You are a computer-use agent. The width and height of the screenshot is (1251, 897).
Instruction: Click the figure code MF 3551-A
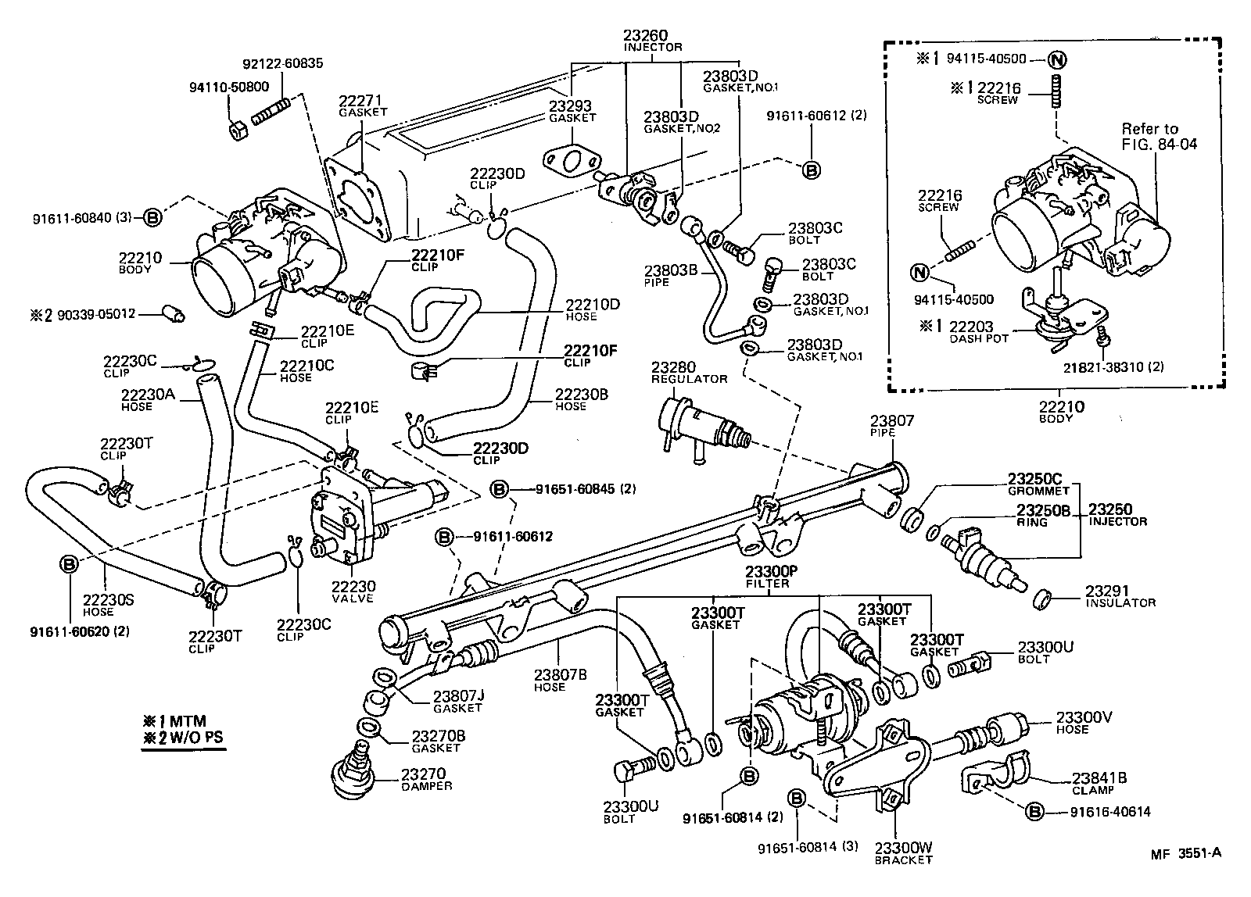[x=1185, y=853]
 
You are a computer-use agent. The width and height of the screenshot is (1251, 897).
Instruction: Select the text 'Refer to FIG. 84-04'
[x=1158, y=136]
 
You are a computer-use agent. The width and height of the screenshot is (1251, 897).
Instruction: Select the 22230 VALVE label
[x=353, y=591]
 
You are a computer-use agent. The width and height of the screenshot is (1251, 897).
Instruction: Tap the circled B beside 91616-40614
[x=1034, y=813]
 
